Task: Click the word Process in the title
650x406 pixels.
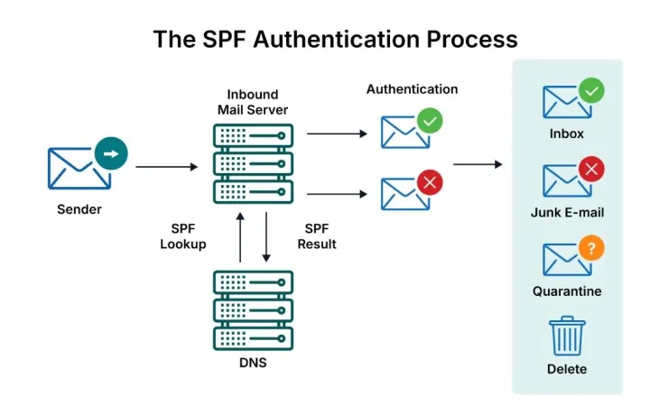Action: [x=472, y=40]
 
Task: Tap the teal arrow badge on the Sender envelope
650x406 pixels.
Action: [x=111, y=153]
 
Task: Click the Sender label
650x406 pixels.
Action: [x=79, y=209]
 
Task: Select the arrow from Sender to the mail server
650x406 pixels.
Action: [x=167, y=167]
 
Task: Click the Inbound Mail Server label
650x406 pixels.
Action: [x=253, y=102]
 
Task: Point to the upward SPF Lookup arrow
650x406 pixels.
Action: [x=240, y=237]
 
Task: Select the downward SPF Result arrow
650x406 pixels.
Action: [x=266, y=237]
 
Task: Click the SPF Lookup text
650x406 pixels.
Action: [x=183, y=236]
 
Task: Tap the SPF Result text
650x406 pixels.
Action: [x=317, y=236]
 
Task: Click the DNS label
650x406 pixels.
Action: [x=253, y=363]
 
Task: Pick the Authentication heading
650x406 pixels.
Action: [x=412, y=89]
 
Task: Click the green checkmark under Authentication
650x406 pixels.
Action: [x=430, y=121]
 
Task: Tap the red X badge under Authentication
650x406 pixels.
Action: [x=430, y=182]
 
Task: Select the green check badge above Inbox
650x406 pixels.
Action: [x=591, y=90]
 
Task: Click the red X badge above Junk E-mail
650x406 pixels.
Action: [x=591, y=169]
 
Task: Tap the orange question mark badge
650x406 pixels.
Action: [x=591, y=248]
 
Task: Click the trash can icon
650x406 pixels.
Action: [x=567, y=336]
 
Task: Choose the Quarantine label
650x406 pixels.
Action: [x=567, y=291]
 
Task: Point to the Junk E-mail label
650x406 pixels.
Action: [x=567, y=213]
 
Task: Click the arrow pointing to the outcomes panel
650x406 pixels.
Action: [x=478, y=164]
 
